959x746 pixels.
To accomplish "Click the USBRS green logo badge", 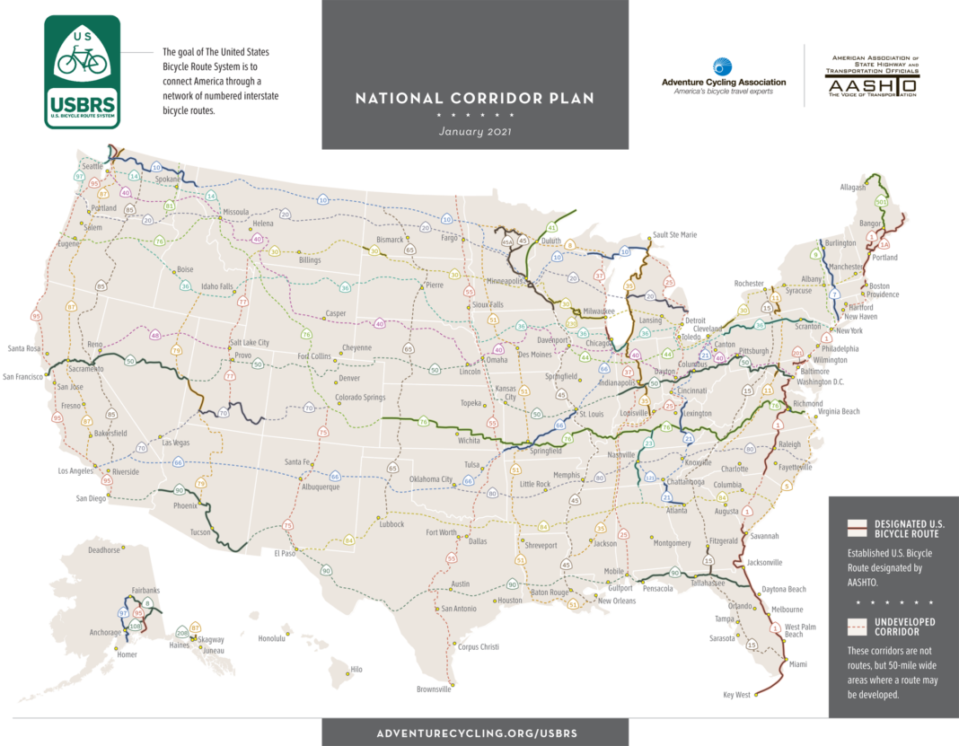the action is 83,72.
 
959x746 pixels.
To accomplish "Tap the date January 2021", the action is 475,131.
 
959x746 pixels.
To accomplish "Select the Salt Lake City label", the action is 250,343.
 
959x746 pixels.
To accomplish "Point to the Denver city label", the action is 349,378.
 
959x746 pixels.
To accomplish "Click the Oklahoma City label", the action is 431,479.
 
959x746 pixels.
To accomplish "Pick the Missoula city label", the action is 235,213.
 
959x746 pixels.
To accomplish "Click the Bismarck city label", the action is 390,240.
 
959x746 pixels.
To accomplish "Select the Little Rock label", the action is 535,484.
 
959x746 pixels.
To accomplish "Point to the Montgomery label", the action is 673,543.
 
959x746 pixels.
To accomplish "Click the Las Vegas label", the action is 176,443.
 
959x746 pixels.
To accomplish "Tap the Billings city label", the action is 310,260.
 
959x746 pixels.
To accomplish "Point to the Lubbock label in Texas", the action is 392,524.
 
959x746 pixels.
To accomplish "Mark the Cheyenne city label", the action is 356,348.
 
